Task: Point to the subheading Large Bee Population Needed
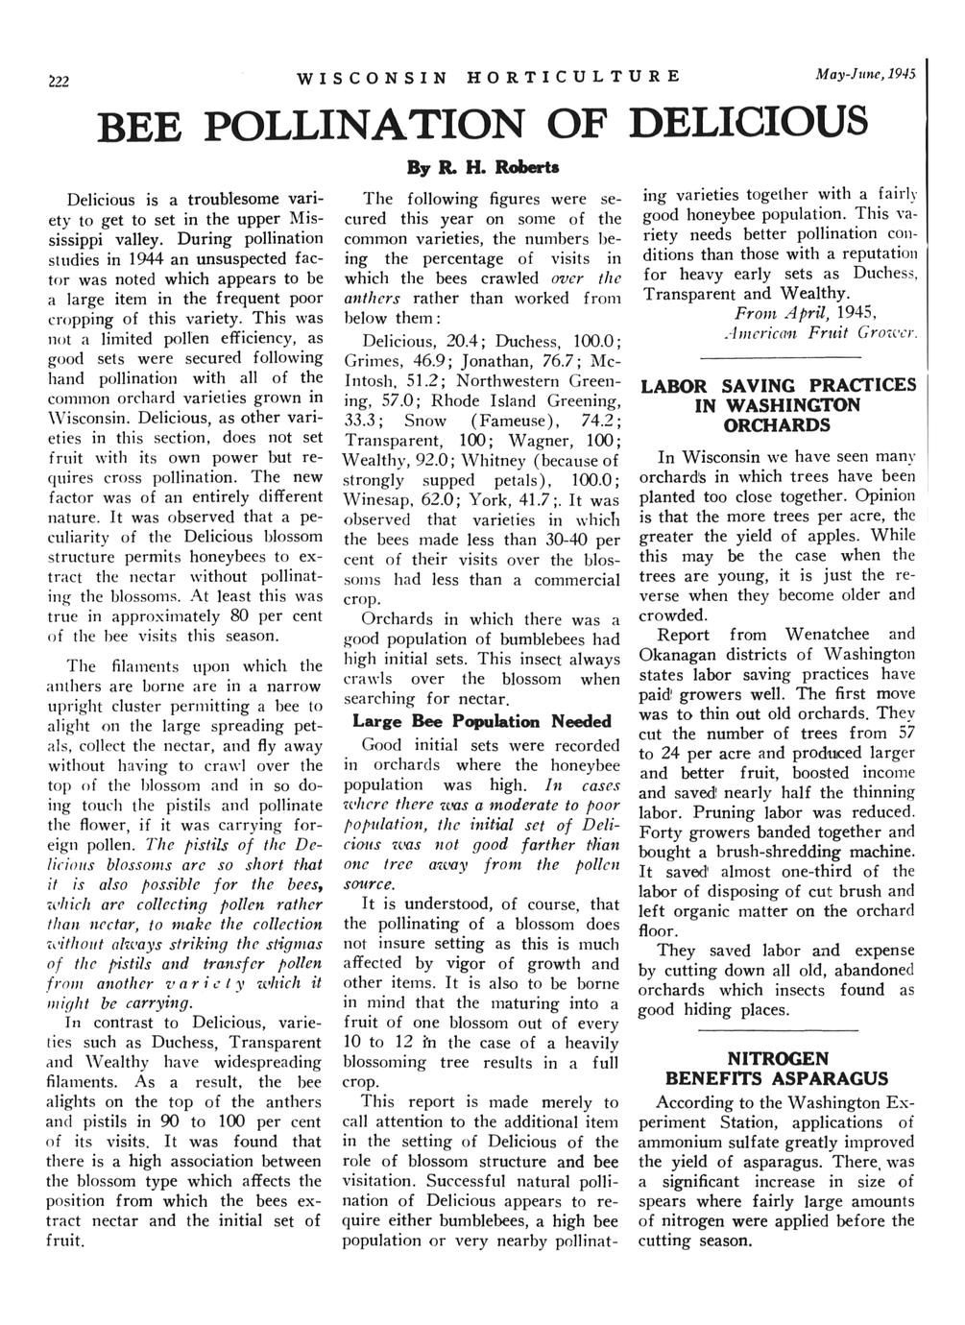click(482, 721)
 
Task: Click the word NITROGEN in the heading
click(779, 1059)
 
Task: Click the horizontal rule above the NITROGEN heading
click(779, 1030)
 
